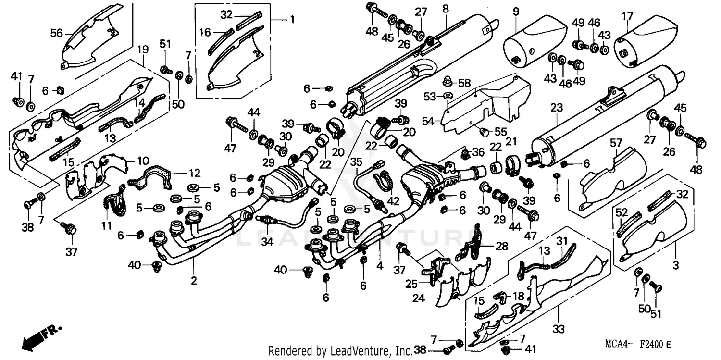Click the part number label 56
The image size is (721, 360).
pyautogui.click(x=57, y=33)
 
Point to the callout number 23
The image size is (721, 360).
pyautogui.click(x=556, y=109)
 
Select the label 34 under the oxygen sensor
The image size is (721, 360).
pyautogui.click(x=267, y=242)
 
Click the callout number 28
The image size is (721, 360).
pyautogui.click(x=501, y=246)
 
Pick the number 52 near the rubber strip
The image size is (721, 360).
pyautogui.click(x=622, y=212)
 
